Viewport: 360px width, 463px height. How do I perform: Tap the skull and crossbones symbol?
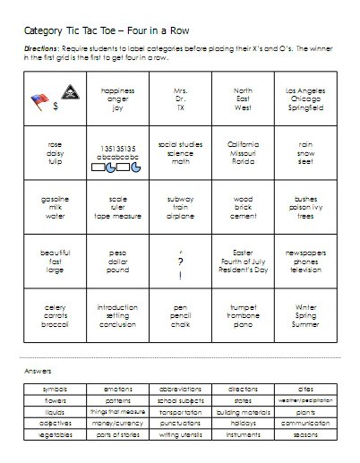pos(66,92)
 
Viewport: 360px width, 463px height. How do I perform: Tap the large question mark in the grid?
pos(181,262)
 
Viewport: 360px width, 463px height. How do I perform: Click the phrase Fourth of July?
pos(243,262)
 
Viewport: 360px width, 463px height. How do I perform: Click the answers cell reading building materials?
pos(244,411)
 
